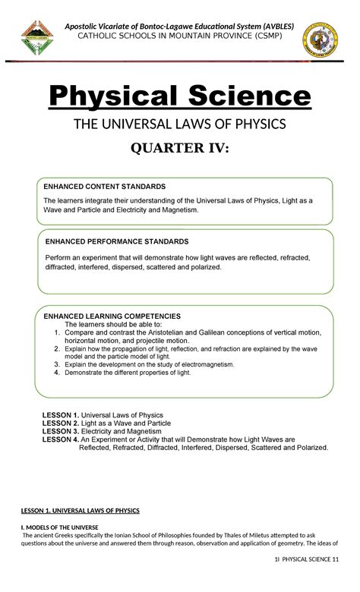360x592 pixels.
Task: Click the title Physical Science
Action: pyautogui.click(x=180, y=98)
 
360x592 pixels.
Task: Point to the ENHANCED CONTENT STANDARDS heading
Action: pyautogui.click(x=104, y=186)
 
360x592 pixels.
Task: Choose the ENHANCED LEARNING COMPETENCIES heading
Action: pyautogui.click(x=112, y=315)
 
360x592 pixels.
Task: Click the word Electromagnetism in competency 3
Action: pyautogui.click(x=200, y=364)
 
